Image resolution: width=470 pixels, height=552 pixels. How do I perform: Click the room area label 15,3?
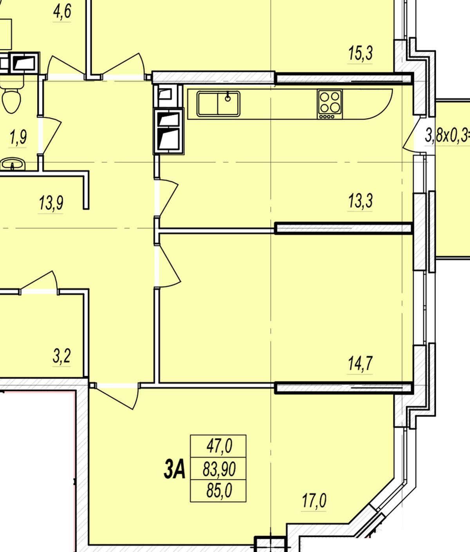(x=360, y=53)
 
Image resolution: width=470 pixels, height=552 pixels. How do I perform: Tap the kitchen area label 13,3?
(x=360, y=201)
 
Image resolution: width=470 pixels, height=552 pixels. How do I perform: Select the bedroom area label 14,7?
(x=360, y=363)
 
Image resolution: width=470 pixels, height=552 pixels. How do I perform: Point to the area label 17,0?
(x=314, y=501)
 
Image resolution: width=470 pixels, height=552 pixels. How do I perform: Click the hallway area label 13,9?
(x=51, y=203)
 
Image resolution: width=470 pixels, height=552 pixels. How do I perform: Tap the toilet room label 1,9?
(x=18, y=137)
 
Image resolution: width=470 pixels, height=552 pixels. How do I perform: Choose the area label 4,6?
(x=62, y=11)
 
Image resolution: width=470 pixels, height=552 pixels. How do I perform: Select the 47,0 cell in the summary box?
(x=219, y=446)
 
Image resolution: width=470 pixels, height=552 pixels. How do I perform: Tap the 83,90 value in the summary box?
(x=219, y=469)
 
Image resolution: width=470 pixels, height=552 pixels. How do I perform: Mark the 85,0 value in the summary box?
(x=219, y=490)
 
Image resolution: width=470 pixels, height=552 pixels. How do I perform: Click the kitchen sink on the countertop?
(x=219, y=103)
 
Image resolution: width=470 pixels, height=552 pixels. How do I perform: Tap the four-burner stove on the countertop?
(x=330, y=104)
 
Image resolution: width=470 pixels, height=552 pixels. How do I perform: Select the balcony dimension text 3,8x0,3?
(x=447, y=136)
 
